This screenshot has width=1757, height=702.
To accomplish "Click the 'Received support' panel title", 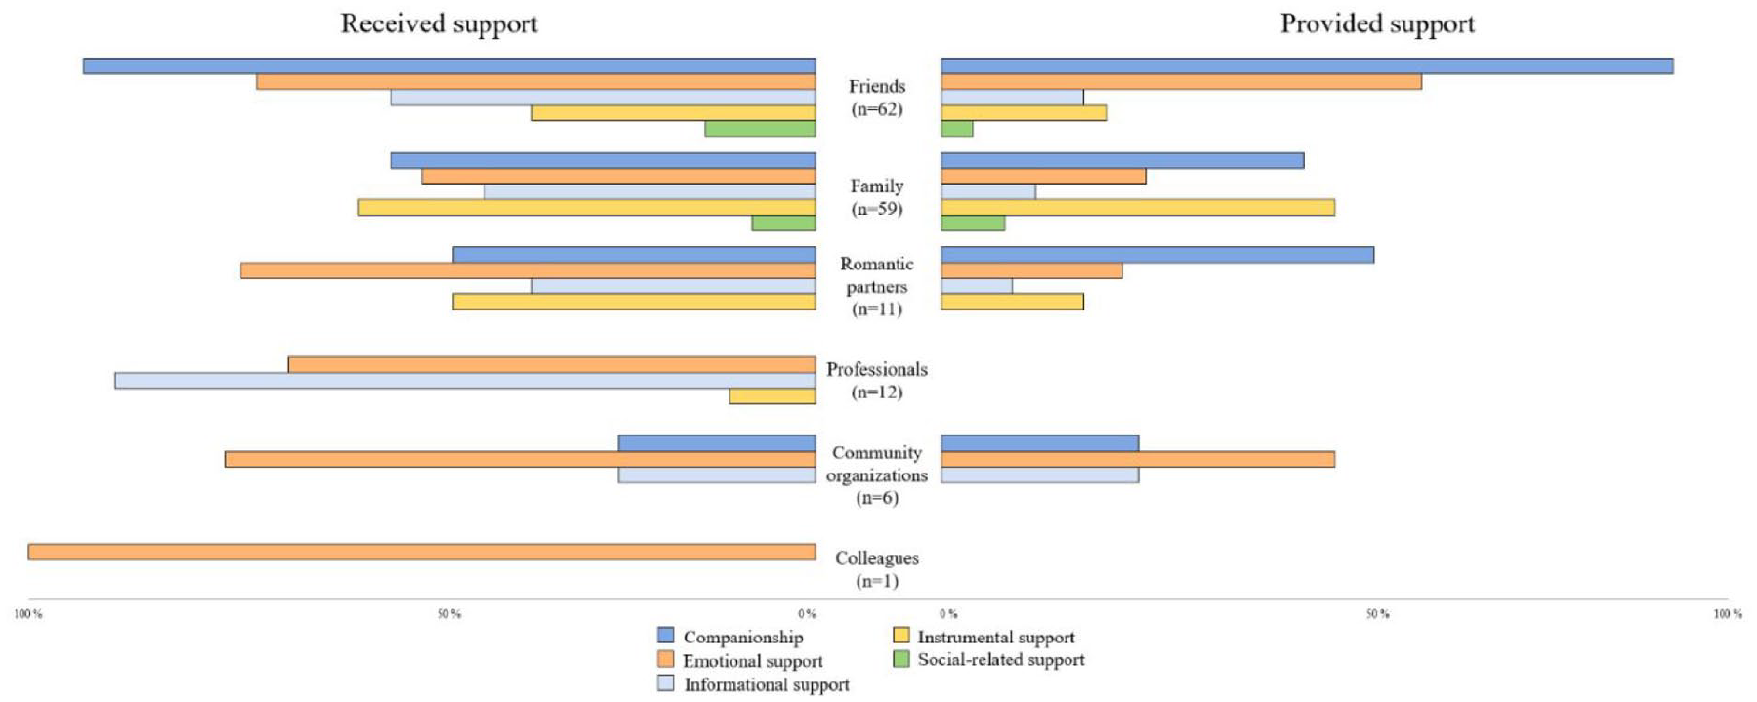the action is pyautogui.click(x=439, y=24).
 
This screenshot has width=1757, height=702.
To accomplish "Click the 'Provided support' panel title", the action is pyautogui.click(x=1377, y=24).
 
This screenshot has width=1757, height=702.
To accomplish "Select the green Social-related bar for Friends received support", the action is pyautogui.click(x=760, y=129).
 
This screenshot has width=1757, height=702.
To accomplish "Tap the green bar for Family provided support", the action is pyautogui.click(x=973, y=224).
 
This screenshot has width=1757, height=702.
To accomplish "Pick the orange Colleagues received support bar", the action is pyautogui.click(x=422, y=553).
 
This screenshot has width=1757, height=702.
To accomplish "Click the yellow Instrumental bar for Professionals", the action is pyautogui.click(x=772, y=396).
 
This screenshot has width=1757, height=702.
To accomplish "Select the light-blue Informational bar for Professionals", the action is pyautogui.click(x=465, y=381).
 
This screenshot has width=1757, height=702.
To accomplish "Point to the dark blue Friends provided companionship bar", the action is pyautogui.click(x=1307, y=66).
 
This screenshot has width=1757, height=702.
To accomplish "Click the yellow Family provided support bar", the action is pyautogui.click(x=1138, y=208).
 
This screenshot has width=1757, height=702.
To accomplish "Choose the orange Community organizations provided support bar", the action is pyautogui.click(x=1138, y=459).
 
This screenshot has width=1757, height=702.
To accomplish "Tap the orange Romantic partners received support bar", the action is pyautogui.click(x=528, y=270).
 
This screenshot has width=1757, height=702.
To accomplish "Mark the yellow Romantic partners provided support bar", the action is pyautogui.click(x=1012, y=302).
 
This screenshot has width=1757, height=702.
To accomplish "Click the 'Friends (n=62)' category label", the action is pyautogui.click(x=877, y=98).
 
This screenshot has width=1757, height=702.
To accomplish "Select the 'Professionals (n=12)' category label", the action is pyautogui.click(x=877, y=381).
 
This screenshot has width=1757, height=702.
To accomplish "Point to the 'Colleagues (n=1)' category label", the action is pyautogui.click(x=877, y=569).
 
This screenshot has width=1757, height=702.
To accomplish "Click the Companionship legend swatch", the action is pyautogui.click(x=666, y=636).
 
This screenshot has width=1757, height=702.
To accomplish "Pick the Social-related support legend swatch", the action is pyautogui.click(x=901, y=659).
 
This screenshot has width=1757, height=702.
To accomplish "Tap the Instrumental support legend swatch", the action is pyautogui.click(x=901, y=636).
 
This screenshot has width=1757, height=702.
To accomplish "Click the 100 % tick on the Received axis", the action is pyautogui.click(x=28, y=614).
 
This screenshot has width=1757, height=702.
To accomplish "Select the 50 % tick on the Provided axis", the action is pyautogui.click(x=1377, y=614).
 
